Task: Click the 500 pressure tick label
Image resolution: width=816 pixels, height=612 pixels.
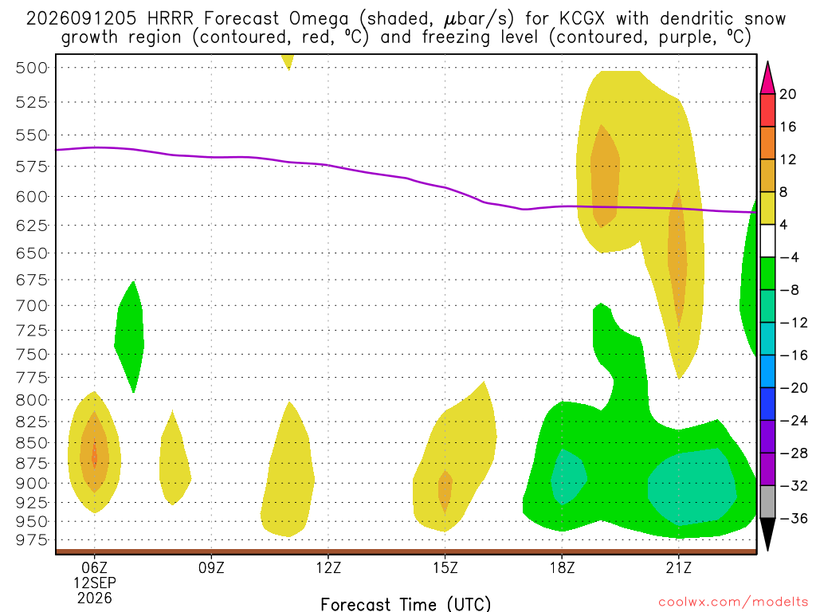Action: [x=31, y=68]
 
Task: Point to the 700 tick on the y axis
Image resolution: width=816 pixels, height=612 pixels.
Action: [x=31, y=305]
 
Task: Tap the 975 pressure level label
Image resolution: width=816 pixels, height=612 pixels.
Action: [x=31, y=540]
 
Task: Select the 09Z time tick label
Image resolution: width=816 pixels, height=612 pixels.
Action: [x=211, y=567]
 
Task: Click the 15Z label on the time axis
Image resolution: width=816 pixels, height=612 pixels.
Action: [x=445, y=567]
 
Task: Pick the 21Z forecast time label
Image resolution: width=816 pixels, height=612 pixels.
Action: [x=679, y=567]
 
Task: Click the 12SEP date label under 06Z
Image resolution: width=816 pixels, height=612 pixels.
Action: [x=95, y=583]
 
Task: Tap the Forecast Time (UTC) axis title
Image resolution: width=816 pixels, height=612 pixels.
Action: [x=406, y=604]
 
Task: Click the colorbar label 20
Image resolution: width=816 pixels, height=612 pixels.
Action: [x=788, y=94]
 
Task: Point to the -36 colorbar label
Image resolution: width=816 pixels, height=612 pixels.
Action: [x=794, y=518]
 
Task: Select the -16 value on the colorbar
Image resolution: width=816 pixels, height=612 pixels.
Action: [x=794, y=355]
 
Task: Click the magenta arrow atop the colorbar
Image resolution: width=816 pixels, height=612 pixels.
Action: [x=767, y=77]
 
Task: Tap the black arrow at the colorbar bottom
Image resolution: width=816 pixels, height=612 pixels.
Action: [x=767, y=534]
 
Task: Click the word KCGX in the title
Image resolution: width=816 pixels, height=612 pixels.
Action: [x=582, y=19]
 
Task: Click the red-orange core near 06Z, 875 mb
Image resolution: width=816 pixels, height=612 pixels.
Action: [x=94, y=457]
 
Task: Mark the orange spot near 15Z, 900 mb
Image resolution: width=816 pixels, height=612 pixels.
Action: [x=445, y=491]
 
